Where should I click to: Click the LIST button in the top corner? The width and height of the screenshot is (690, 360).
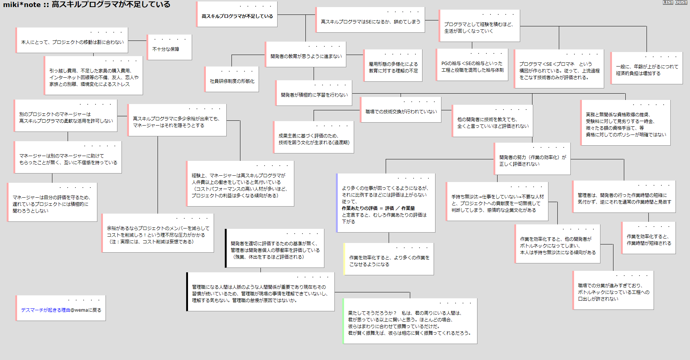tap(668, 2)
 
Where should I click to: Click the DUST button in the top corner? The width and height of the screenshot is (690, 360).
tap(681, 2)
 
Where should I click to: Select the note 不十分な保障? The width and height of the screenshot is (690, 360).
tap(166, 49)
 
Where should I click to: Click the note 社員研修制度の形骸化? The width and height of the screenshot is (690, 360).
tap(232, 81)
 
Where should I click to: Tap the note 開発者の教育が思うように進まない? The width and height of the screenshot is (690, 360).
tap(306, 56)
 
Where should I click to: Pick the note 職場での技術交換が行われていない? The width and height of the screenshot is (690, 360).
tap(401, 111)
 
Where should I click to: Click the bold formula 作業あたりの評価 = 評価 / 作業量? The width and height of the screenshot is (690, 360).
tap(378, 208)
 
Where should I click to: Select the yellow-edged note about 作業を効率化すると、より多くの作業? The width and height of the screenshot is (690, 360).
tap(389, 260)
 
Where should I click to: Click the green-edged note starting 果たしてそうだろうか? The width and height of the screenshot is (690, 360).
tap(409, 322)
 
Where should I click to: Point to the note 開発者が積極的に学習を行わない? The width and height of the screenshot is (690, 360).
tap(314, 95)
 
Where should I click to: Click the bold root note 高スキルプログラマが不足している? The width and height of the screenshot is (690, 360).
tap(237, 16)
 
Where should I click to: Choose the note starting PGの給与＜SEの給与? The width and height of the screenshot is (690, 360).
tap(472, 67)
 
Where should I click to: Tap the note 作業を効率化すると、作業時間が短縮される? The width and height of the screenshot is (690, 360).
tap(649, 240)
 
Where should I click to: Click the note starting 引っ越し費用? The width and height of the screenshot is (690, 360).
tap(94, 77)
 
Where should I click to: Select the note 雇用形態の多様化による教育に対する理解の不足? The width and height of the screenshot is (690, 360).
tap(393, 67)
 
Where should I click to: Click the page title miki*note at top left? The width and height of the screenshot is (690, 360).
tap(22, 4)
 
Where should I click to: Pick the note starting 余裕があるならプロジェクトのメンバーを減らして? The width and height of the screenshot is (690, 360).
tap(158, 235)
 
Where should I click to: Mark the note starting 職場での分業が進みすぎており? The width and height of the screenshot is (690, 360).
tap(613, 292)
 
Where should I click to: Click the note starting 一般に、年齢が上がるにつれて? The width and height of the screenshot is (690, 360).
tap(647, 70)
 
